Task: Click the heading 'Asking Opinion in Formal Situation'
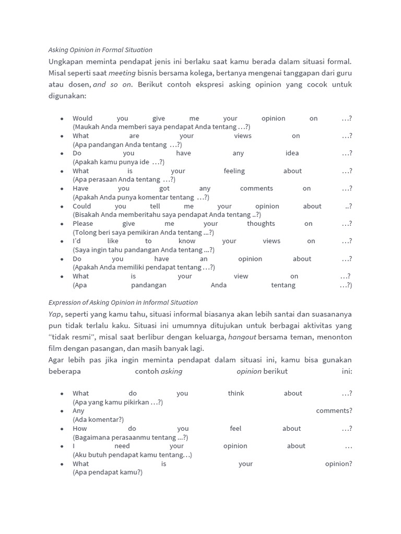(100, 50)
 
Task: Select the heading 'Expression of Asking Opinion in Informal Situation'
(123, 302)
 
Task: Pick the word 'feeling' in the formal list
(234, 171)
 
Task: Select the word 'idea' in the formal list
(292, 153)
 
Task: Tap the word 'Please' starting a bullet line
(82, 224)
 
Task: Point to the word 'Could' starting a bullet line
(82, 206)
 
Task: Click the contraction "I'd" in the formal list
(77, 241)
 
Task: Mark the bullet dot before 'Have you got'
(62, 189)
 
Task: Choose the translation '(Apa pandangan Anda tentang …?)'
(127, 145)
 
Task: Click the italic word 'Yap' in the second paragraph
(55, 314)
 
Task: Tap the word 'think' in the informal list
(236, 394)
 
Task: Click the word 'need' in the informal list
(122, 446)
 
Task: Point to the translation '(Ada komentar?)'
(98, 420)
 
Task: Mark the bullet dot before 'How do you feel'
(62, 429)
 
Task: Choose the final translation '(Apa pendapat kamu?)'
(108, 472)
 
